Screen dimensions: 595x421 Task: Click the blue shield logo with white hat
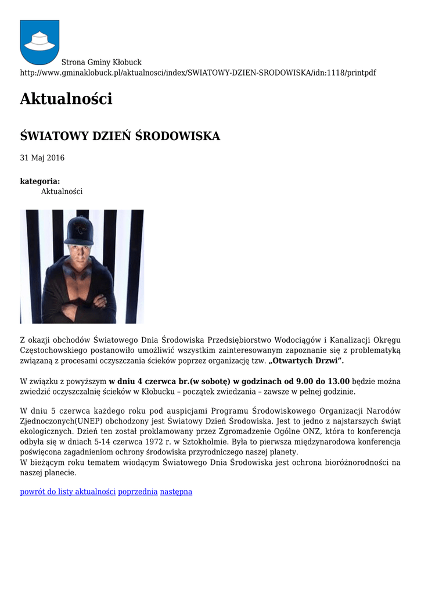click(x=39, y=41)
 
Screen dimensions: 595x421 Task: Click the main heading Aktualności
click(x=66, y=99)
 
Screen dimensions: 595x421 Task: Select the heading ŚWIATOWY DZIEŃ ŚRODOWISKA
click(x=120, y=137)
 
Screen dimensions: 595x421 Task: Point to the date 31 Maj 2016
click(x=42, y=158)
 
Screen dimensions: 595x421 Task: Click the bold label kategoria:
click(x=39, y=181)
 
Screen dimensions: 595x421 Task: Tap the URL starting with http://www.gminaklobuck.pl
click(x=197, y=73)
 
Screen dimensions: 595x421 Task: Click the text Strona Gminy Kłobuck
click(x=101, y=62)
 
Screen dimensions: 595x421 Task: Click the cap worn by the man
click(x=78, y=231)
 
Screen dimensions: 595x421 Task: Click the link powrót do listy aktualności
click(x=68, y=492)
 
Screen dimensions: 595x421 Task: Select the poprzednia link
click(x=138, y=492)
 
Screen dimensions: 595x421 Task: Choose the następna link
click(x=176, y=492)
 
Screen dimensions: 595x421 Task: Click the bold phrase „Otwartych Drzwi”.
click(x=307, y=361)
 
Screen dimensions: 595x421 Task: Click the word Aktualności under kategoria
click(x=62, y=191)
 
